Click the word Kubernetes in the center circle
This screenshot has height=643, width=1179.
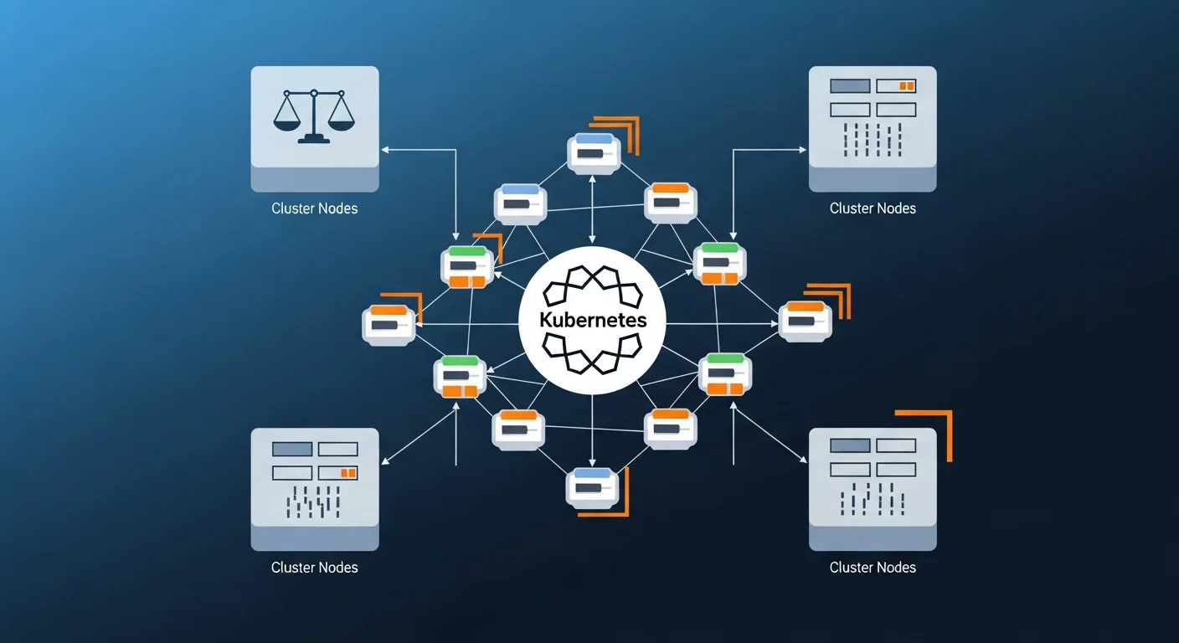coord(592,321)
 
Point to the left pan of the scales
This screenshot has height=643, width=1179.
coord(286,123)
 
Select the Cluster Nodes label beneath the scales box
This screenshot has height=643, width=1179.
coord(314,208)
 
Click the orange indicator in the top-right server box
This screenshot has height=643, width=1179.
coord(906,85)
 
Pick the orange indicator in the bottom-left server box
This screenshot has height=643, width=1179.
coord(348,473)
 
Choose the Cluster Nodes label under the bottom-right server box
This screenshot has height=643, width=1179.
coord(873,568)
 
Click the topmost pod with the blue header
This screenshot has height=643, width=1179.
coord(593,152)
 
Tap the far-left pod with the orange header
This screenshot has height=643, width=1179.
coord(389,323)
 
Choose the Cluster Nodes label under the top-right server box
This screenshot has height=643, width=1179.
coord(873,208)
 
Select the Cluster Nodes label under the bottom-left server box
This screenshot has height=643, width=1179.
coord(314,568)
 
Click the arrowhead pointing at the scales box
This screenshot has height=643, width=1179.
coord(385,150)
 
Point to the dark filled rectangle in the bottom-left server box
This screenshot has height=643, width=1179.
coord(292,450)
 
